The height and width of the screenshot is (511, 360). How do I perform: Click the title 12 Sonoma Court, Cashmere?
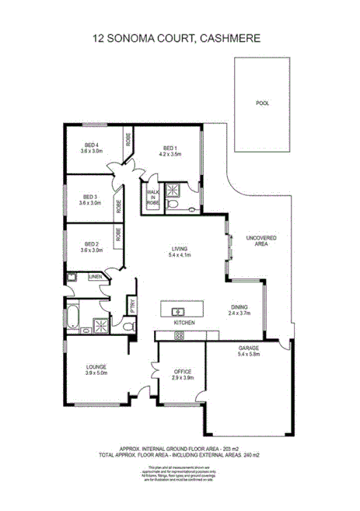coord(180,37)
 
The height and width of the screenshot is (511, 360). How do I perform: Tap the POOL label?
coord(261,103)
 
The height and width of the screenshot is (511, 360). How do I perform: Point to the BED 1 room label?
coord(170,149)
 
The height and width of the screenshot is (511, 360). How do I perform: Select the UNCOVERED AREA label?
coord(257,240)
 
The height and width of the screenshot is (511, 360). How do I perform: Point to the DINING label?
coord(239,307)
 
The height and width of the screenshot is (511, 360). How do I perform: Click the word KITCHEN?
coord(183,322)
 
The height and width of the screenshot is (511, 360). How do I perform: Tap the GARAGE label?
coord(249,351)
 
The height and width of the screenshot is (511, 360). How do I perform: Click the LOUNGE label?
coord(96,366)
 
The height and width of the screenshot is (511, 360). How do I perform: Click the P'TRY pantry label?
coord(133,306)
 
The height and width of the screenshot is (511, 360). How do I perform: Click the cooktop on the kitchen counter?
coord(180,335)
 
